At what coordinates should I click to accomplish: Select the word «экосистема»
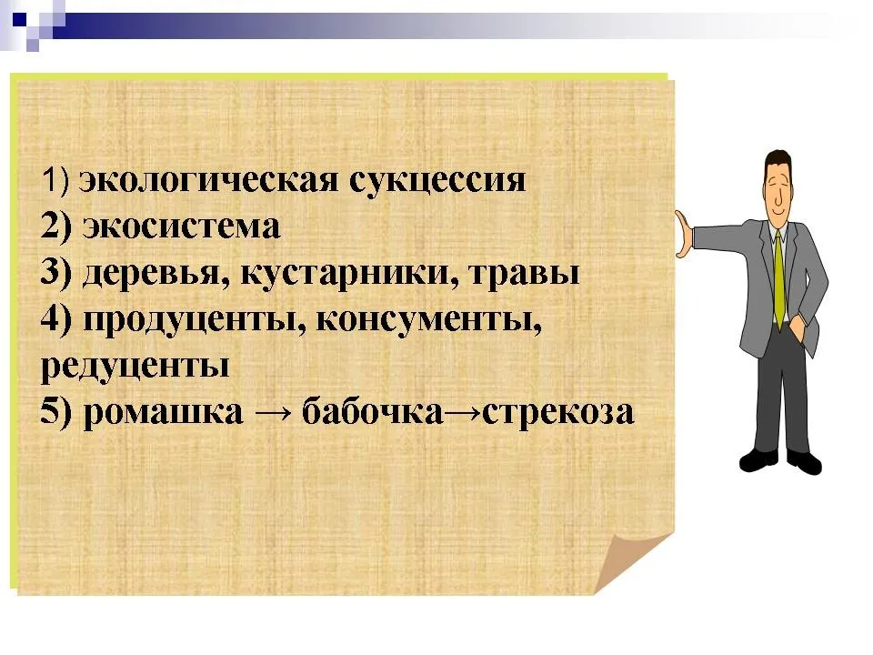[x=182, y=227]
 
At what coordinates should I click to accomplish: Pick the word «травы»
[x=524, y=273]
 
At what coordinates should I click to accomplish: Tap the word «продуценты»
[x=195, y=321]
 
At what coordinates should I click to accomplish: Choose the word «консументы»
[x=428, y=319]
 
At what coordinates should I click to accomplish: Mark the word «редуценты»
[x=135, y=367]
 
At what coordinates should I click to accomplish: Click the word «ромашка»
[x=163, y=413]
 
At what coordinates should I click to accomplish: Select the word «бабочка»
[x=373, y=411]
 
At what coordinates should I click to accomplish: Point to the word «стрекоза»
[x=557, y=413]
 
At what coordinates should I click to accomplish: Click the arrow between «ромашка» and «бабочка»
[x=273, y=413]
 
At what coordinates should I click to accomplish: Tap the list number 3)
[x=56, y=273]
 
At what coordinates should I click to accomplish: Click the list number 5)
[x=56, y=412]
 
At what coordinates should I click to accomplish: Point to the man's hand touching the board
[x=682, y=234]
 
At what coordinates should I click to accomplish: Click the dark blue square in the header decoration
[x=19, y=19]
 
